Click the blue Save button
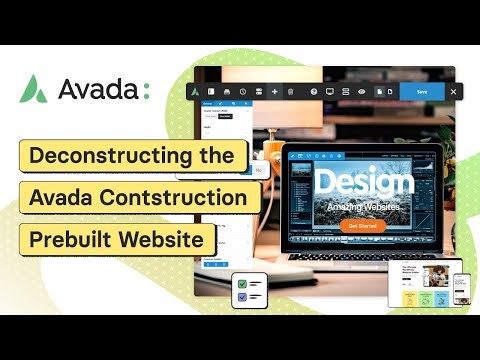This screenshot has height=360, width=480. coord(422,91)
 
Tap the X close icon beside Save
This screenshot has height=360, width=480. coord(453,91)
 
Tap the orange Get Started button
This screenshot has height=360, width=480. coord(362,226)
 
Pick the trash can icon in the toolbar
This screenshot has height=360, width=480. coord(291,91)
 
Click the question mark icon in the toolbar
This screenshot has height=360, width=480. coord(314,91)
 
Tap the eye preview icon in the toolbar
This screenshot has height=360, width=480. coord(362,91)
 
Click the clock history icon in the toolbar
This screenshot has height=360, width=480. coord(243,91)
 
